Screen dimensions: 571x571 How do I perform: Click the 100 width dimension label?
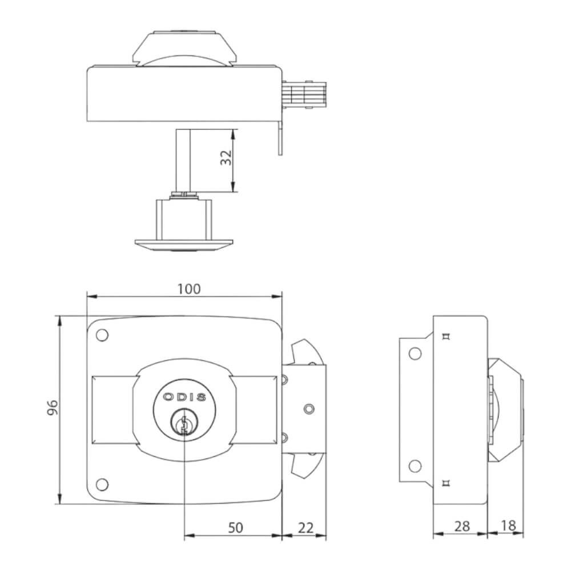click(189, 289)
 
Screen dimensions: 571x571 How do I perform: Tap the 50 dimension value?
click(235, 528)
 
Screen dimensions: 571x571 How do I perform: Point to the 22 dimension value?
click(306, 528)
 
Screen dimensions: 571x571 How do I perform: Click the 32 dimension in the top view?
click(226, 158)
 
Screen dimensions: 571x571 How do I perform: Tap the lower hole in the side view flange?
click(415, 467)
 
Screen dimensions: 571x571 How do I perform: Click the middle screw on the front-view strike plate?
click(309, 409)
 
